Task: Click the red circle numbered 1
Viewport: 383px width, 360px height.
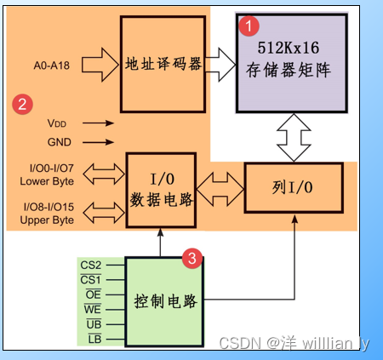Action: [x=248, y=26]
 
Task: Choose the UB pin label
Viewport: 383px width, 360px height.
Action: [x=94, y=325]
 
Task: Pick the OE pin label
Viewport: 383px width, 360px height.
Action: [x=92, y=294]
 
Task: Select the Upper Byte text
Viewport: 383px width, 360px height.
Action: [x=46, y=220]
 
